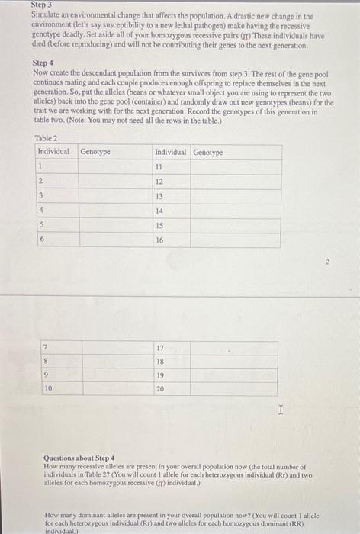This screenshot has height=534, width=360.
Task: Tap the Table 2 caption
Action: (x=47, y=137)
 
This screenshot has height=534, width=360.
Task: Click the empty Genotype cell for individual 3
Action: (x=113, y=195)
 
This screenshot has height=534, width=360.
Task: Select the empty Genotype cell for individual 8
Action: (x=113, y=361)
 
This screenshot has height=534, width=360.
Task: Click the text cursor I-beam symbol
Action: (x=280, y=410)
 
